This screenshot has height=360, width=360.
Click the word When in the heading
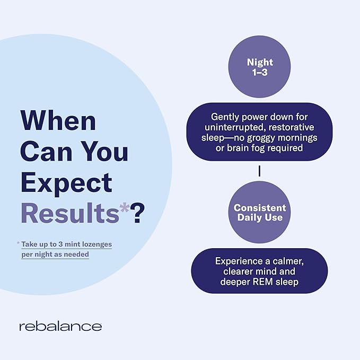(58, 120)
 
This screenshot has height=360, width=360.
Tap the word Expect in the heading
(67, 183)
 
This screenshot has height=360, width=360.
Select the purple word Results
(70, 213)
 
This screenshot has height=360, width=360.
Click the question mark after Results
(137, 213)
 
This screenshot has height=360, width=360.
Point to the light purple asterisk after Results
(124, 208)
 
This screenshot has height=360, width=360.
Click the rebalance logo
(60, 326)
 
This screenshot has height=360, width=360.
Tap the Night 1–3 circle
(259, 67)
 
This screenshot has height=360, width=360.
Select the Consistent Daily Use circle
(259, 212)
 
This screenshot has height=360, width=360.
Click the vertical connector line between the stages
(259, 171)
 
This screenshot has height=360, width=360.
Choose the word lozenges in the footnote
(97, 244)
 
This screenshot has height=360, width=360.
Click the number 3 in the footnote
(60, 244)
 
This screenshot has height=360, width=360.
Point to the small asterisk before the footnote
(18, 243)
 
